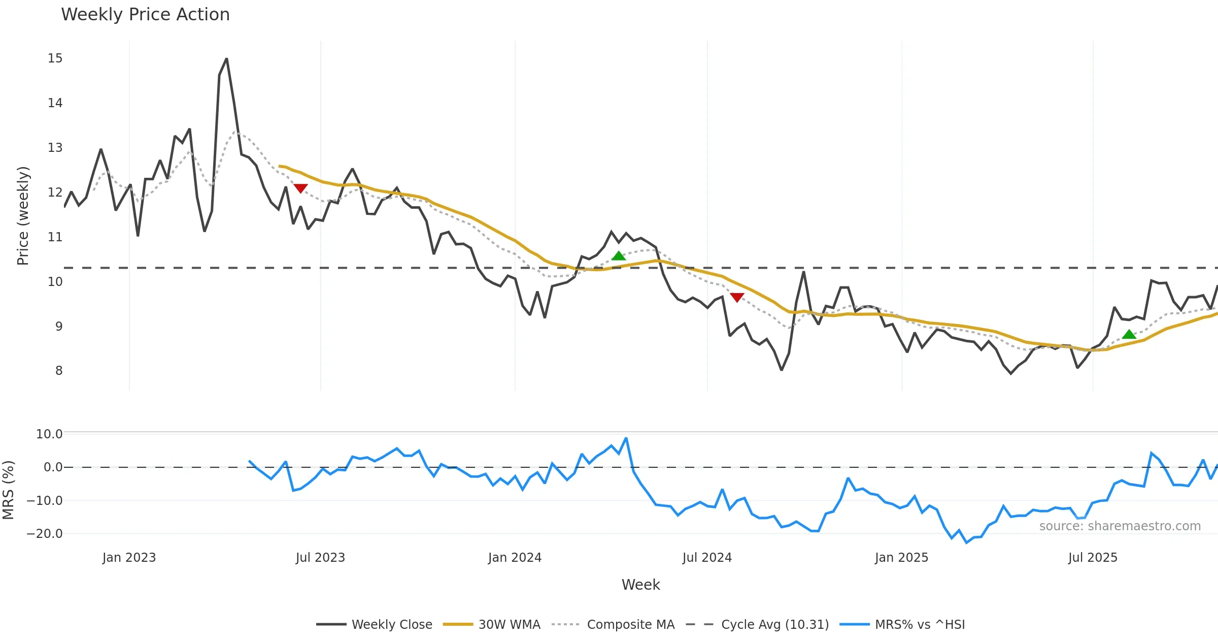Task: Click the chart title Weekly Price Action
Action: (145, 15)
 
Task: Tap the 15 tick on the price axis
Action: (55, 58)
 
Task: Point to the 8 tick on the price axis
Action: (59, 371)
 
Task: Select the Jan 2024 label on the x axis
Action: (515, 558)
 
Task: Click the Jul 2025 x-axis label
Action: (1093, 558)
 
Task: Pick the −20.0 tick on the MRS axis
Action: (45, 534)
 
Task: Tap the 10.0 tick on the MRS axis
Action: (49, 434)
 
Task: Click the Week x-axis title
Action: (640, 585)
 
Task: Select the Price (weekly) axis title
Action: (23, 216)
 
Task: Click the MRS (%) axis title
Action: (8, 490)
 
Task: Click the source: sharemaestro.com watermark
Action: (1120, 526)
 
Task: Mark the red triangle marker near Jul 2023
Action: (300, 188)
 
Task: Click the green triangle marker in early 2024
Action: (619, 255)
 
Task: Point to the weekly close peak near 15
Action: (226, 59)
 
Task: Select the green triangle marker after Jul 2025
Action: (1129, 334)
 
